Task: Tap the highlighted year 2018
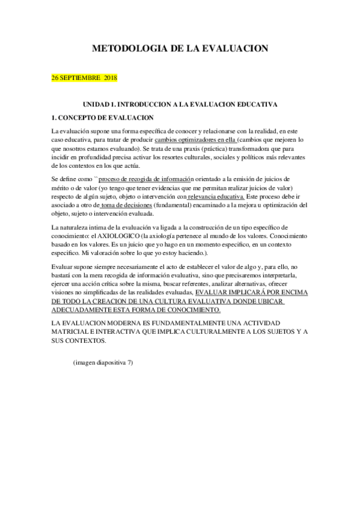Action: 110,78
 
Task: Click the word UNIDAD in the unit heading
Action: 96,104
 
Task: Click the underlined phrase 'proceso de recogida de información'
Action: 146,179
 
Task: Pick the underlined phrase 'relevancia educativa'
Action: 216,195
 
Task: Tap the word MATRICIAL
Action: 75,332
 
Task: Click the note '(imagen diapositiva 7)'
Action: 103,363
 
